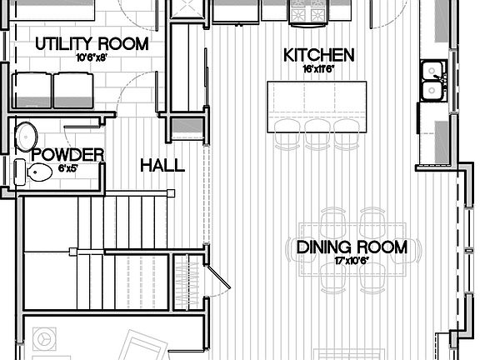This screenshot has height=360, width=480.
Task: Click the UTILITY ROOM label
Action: pyautogui.click(x=92, y=43)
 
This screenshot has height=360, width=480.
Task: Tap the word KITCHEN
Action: pyautogui.click(x=319, y=56)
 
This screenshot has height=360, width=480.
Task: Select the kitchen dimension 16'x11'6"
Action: pyautogui.click(x=319, y=71)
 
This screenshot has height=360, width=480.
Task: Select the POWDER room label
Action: pyautogui.click(x=67, y=154)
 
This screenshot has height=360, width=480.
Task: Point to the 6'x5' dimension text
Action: pyautogui.click(x=67, y=168)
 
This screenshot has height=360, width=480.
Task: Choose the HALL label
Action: pyautogui.click(x=162, y=166)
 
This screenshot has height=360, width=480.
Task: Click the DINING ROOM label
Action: pyautogui.click(x=352, y=247)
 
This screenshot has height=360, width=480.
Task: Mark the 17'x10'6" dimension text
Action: pyautogui.click(x=352, y=262)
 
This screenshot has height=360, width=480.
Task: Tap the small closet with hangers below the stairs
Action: pyautogui.click(x=183, y=282)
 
